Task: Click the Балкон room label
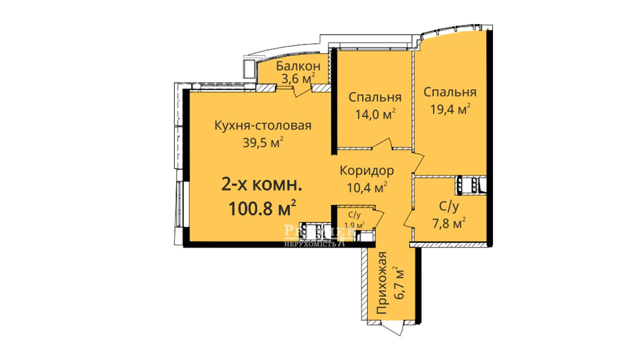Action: point(298,66)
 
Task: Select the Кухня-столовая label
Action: point(263,126)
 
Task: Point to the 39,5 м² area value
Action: point(263,142)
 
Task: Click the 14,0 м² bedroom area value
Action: point(375,114)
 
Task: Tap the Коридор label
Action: point(367,171)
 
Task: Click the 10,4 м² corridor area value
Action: point(367,187)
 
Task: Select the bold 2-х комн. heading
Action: point(262,185)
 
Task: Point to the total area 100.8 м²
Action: point(262,208)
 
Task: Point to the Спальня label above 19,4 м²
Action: point(450,92)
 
